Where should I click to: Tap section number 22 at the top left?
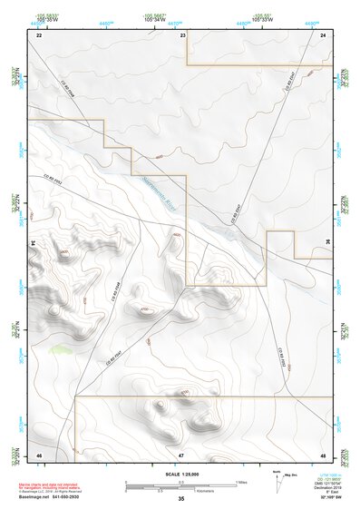tap(39, 34)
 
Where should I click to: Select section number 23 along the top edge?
tap(183, 34)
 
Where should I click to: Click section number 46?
tap(39, 454)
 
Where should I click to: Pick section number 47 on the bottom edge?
tap(181, 454)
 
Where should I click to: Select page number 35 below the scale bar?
tap(181, 499)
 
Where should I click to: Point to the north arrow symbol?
tap(278, 480)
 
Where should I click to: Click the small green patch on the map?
tap(61, 347)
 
